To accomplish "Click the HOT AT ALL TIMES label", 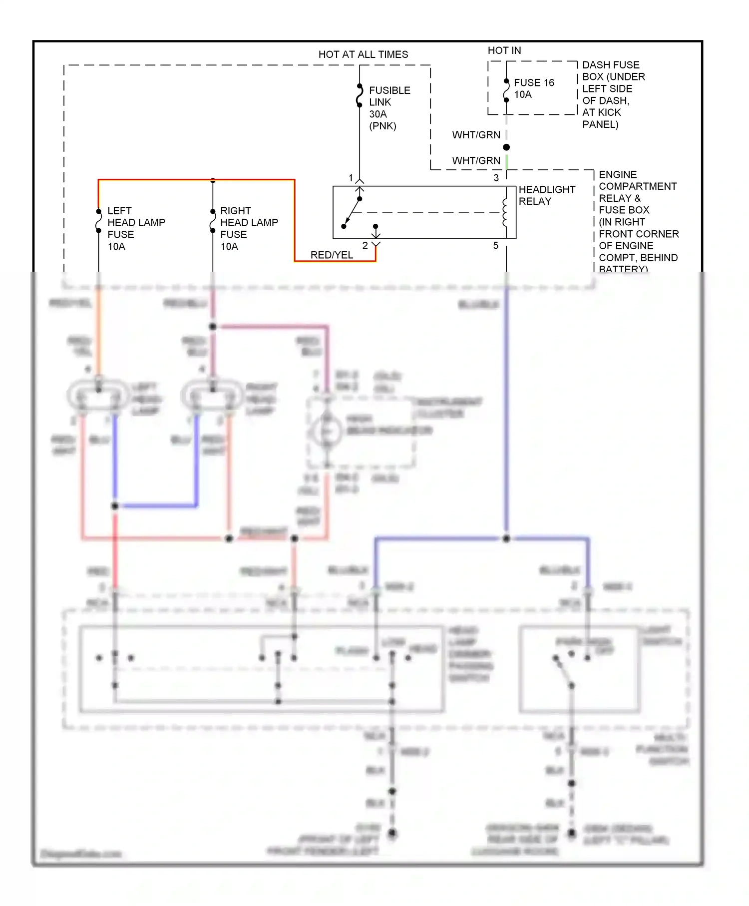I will click(x=363, y=54).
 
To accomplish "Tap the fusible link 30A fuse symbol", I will click(x=360, y=96).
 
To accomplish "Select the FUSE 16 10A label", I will click(x=533, y=88).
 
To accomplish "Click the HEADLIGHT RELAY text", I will click(x=546, y=195).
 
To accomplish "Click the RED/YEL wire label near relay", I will click(x=332, y=255).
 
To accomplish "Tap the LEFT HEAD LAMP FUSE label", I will click(x=135, y=228).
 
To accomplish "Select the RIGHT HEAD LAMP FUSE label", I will click(x=248, y=228).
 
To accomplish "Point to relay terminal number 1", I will click(x=351, y=178).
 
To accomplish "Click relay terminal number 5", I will click(x=496, y=246).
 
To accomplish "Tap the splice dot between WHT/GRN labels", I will click(x=506, y=147).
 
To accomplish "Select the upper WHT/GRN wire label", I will click(x=476, y=135).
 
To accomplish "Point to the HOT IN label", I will click(x=504, y=50).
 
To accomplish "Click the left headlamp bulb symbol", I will click(x=98, y=396).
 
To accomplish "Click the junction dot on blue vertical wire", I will click(x=506, y=538).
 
